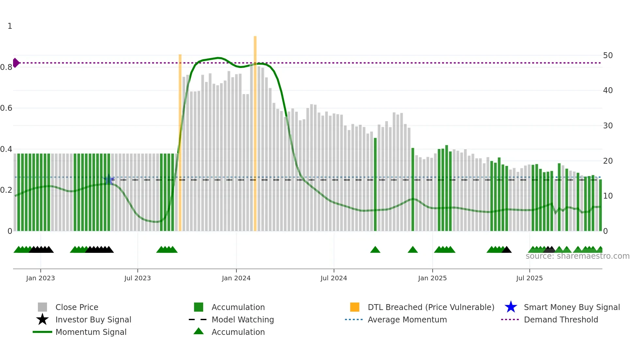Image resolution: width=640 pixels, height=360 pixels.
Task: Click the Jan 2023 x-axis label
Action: point(40,278)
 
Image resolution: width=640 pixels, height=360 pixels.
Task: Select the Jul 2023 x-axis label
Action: point(137,278)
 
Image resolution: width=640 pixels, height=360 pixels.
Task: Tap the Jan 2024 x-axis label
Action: point(236,278)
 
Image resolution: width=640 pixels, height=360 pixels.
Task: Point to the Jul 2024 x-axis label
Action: point(334,278)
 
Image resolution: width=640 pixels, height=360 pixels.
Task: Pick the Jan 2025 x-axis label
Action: point(432,278)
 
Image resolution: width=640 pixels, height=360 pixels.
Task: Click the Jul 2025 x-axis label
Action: point(529,278)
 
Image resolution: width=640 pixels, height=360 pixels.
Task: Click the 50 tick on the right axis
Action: point(608,56)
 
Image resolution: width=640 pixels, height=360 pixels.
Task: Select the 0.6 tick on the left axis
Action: point(6,108)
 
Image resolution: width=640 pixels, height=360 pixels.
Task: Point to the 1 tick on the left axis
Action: point(10,26)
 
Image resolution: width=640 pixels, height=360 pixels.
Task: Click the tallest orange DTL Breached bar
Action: point(255,131)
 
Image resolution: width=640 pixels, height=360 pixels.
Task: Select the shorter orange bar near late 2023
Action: point(180,140)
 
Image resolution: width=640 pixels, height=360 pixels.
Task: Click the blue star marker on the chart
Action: point(108,180)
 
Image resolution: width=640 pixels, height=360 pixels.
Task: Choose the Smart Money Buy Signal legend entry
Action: point(571,307)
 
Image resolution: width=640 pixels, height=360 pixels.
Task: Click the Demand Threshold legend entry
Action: point(561,319)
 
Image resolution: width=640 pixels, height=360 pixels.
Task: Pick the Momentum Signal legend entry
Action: point(91,332)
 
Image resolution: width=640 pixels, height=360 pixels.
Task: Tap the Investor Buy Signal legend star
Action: point(42,319)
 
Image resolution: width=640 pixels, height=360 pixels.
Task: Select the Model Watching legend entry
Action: point(243,319)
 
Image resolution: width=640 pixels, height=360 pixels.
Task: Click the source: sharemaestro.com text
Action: point(577,256)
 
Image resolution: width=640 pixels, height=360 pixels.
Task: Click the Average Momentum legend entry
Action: point(407,319)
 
